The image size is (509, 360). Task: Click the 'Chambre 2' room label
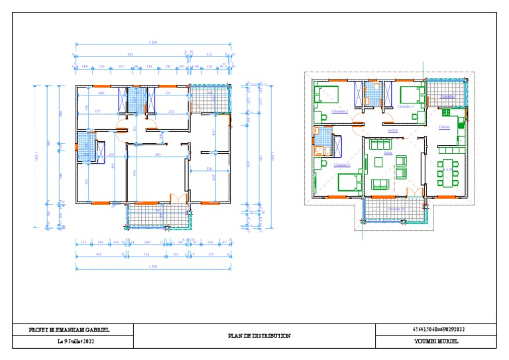coord(340,111)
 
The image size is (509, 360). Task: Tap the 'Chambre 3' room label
coord(406,106)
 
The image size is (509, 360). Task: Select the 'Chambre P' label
coord(341,164)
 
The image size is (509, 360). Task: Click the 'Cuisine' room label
coord(444,127)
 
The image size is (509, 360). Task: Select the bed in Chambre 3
coord(412,95)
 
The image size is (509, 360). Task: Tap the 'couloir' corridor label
coord(392,131)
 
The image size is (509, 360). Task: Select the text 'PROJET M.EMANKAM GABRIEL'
coord(70,330)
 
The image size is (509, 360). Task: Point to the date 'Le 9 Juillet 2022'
coord(76,341)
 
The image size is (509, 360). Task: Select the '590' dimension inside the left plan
coord(158,154)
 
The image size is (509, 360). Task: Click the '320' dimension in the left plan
coord(209,169)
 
